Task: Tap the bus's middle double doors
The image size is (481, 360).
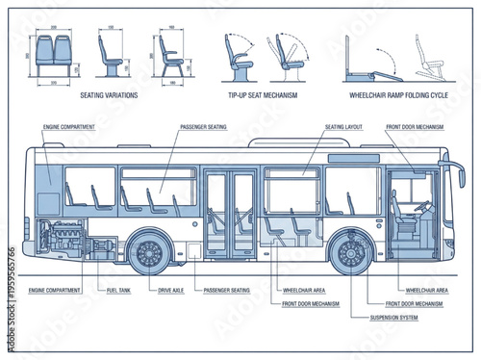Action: pyautogui.click(x=230, y=214)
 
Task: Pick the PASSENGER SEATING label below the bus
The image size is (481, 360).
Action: pyautogui.click(x=227, y=289)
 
